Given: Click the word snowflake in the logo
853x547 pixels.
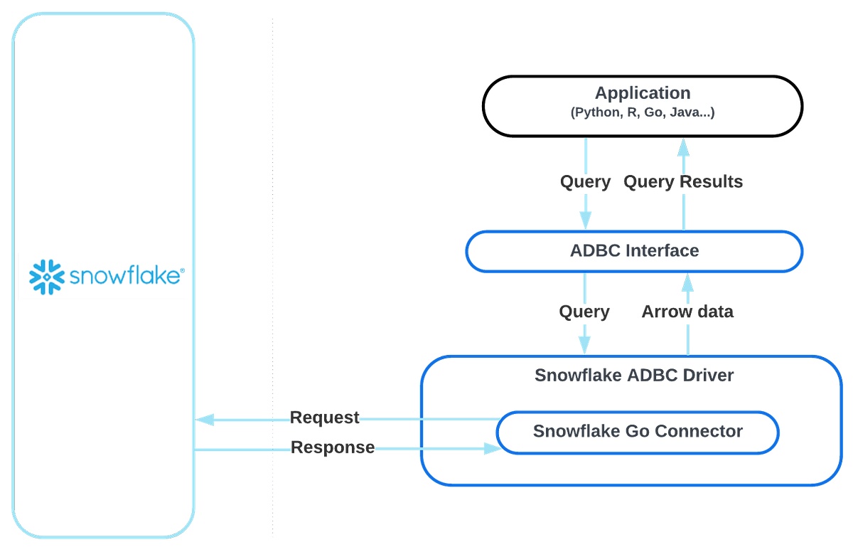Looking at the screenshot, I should click(124, 277).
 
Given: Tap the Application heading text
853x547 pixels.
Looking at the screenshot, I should click(642, 93).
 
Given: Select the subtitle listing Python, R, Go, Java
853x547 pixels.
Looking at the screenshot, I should click(642, 112).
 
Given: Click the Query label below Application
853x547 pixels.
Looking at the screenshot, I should click(585, 183).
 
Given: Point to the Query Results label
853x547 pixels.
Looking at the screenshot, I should click(683, 183).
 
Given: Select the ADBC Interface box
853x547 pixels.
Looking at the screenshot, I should click(633, 251).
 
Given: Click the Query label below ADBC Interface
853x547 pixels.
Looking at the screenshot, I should click(584, 312).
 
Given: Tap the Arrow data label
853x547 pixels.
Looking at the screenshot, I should click(687, 312).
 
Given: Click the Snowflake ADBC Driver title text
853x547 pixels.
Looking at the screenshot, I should click(633, 375).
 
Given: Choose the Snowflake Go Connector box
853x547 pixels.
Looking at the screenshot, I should click(638, 431).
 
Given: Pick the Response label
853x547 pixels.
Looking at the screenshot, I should click(333, 448).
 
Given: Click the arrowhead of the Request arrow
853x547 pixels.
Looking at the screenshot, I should click(205, 420).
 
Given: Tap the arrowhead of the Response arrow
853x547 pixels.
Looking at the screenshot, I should click(492, 448).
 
